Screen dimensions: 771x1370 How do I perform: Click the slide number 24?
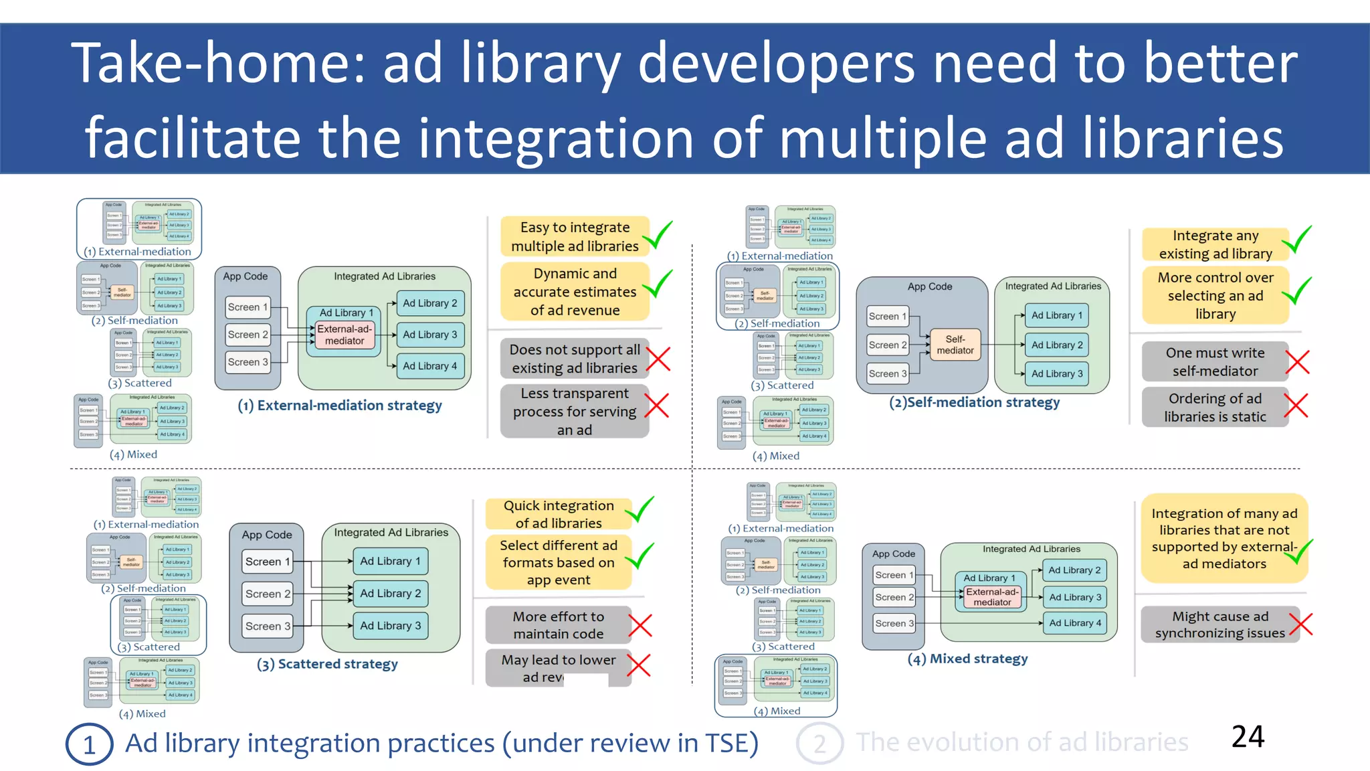pyautogui.click(x=1248, y=736)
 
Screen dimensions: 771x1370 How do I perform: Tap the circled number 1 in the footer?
pyautogui.click(x=89, y=744)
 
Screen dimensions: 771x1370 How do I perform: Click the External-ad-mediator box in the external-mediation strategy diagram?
pyautogui.click(x=345, y=335)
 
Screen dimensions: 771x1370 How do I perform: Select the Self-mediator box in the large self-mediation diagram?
pyautogui.click(x=955, y=345)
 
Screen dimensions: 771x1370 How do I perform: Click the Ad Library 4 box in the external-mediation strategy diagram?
pyautogui.click(x=430, y=366)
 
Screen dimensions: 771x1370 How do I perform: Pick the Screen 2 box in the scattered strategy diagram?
pyautogui.click(x=268, y=594)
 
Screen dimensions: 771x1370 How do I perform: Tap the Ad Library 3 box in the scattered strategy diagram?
pyautogui.click(x=391, y=626)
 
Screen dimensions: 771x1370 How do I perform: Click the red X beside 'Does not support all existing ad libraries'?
pyautogui.click(x=658, y=359)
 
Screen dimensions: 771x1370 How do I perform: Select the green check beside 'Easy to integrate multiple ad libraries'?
pyautogui.click(x=659, y=236)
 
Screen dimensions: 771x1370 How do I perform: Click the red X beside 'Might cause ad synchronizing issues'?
pyautogui.click(x=1301, y=624)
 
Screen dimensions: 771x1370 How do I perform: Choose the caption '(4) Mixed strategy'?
pyautogui.click(x=967, y=659)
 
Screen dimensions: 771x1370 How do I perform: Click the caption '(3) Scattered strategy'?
pyautogui.click(x=327, y=664)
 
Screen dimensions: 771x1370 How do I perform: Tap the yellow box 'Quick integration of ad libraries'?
pyautogui.click(x=558, y=514)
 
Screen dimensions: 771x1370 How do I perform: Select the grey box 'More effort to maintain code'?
pyautogui.click(x=558, y=625)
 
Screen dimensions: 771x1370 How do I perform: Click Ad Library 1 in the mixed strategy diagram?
pyautogui.click(x=989, y=578)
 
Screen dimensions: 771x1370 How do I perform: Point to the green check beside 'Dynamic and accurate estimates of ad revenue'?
pyautogui.click(x=658, y=284)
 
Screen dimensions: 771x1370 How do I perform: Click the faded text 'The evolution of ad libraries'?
pyautogui.click(x=1021, y=742)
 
